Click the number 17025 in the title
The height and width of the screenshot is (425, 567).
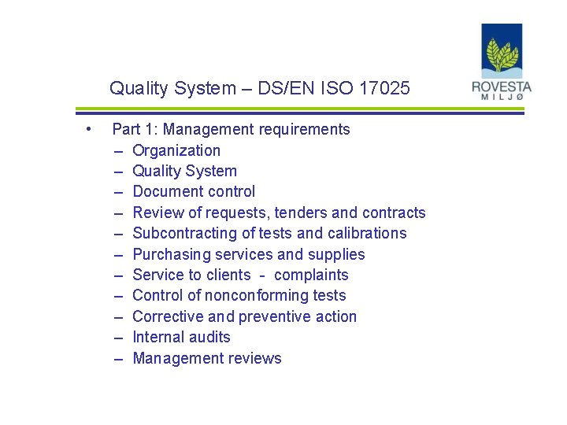384,88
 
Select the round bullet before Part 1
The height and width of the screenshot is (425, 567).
91,128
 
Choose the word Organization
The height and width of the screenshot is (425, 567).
176,150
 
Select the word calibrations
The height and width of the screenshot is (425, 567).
367,233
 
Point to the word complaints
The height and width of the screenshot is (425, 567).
311,275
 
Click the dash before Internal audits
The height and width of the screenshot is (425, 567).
118,337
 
